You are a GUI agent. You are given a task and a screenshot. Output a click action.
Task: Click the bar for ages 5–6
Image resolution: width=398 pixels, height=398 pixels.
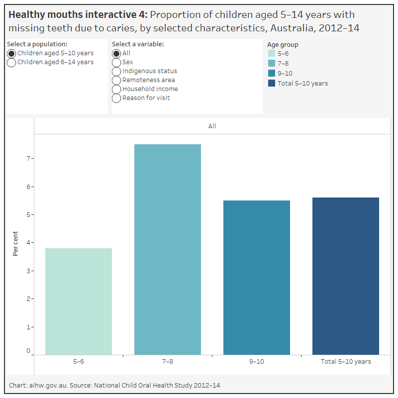(x=79, y=301)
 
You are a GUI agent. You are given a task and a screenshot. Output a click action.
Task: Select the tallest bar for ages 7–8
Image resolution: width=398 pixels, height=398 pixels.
(x=168, y=249)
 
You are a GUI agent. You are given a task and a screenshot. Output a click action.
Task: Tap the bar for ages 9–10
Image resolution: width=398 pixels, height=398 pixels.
(x=257, y=277)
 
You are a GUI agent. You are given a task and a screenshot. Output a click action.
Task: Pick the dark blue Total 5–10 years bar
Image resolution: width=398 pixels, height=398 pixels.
(x=346, y=276)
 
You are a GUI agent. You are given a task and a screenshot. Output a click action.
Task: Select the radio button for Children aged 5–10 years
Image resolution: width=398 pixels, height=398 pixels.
(x=11, y=53)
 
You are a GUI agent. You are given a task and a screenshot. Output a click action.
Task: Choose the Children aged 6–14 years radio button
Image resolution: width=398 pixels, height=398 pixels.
(x=11, y=62)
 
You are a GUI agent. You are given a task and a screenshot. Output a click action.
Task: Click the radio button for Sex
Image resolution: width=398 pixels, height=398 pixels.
(x=116, y=62)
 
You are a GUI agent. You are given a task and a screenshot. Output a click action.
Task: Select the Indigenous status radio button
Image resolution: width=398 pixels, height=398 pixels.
(x=116, y=71)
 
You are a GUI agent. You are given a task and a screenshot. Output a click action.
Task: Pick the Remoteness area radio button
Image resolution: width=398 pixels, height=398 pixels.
(x=116, y=80)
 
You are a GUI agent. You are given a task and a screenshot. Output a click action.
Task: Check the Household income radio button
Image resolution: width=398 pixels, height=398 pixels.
(x=116, y=89)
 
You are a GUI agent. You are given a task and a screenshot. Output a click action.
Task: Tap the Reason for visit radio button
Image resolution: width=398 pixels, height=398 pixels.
(x=116, y=98)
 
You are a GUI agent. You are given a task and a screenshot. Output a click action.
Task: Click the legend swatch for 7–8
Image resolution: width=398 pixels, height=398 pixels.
(x=272, y=64)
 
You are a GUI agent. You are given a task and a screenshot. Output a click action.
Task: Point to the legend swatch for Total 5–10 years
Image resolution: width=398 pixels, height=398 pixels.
(x=272, y=83)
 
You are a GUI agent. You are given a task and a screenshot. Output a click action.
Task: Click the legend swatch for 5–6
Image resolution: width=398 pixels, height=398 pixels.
(x=272, y=54)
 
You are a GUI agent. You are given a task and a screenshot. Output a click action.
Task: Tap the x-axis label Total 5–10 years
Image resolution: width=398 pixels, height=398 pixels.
(x=346, y=362)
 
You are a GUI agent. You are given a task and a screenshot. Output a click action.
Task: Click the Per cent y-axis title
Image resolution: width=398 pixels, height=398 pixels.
(x=15, y=243)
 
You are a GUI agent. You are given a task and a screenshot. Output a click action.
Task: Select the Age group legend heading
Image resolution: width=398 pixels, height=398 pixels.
(x=283, y=44)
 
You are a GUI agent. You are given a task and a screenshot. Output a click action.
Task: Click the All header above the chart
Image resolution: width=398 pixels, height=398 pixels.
(x=212, y=126)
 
